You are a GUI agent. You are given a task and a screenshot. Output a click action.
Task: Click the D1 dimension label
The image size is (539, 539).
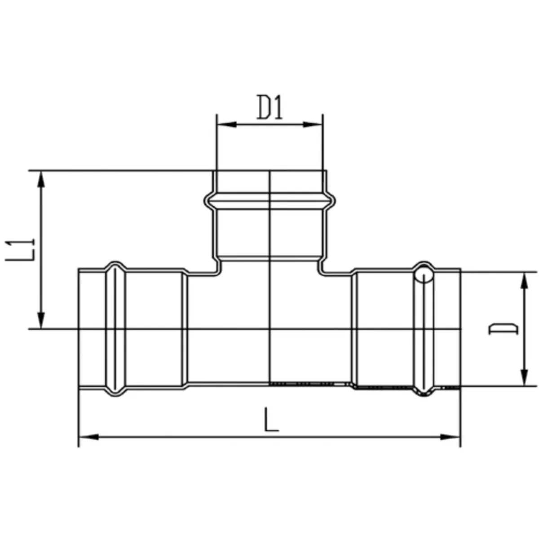[269, 107]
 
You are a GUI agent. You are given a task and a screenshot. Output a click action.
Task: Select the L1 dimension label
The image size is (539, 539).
[20, 250]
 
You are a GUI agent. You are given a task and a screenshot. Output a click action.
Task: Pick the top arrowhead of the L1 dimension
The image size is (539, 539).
[41, 180]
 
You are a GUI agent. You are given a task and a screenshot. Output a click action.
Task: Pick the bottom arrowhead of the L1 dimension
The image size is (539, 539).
[41, 320]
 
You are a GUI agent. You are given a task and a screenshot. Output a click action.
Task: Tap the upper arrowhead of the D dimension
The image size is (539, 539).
[525, 281]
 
